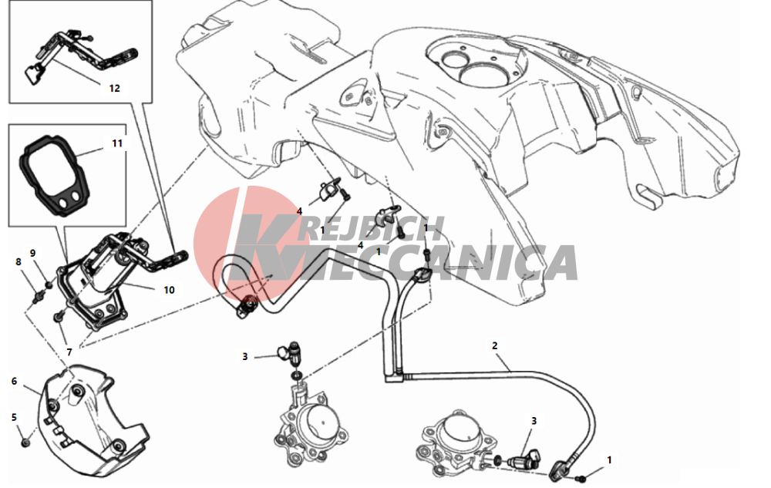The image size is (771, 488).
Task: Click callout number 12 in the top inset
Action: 114,89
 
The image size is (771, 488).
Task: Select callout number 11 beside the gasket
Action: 117,143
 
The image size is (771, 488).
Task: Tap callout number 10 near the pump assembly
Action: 169,290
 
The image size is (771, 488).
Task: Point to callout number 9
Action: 33,254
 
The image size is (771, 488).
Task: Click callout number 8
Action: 19,262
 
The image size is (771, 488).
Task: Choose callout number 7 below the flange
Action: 69,352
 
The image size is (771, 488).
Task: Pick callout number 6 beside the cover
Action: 14,382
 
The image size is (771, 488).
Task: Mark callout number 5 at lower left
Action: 14,417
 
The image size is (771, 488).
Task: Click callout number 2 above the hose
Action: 495,345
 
